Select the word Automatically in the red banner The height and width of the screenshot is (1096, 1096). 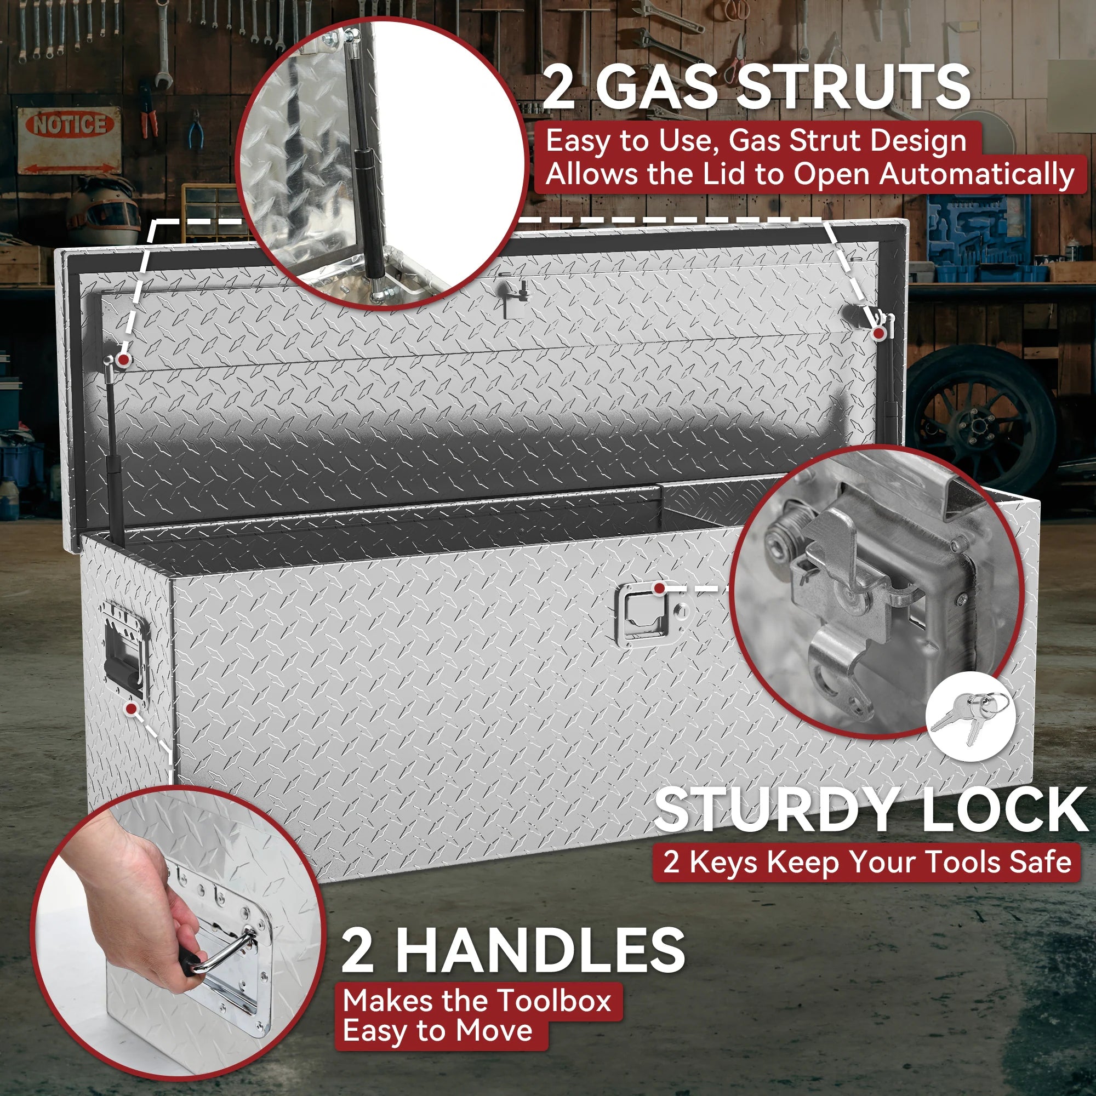click(x=977, y=175)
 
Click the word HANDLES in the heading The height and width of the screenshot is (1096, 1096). click(x=541, y=950)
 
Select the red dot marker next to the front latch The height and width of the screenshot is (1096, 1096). click(x=659, y=588)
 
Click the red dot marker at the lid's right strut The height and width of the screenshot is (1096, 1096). click(x=878, y=333)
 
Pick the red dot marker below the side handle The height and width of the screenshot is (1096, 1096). click(x=132, y=709)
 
